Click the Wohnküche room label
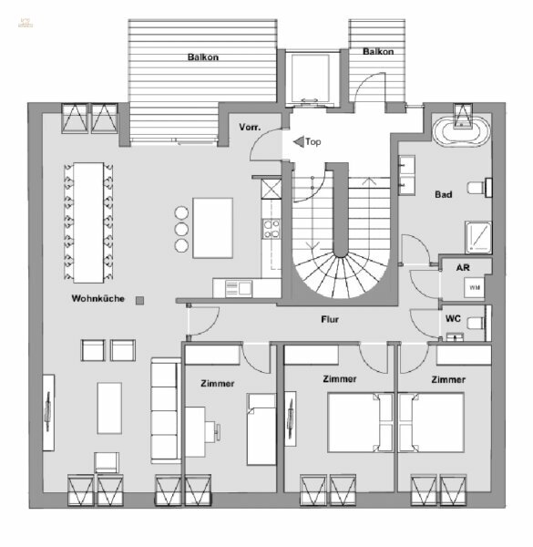pyautogui.click(x=98, y=299)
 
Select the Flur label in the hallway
pyautogui.click(x=331, y=320)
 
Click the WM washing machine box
pyautogui.click(x=474, y=287)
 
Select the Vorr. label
pyautogui.click(x=251, y=127)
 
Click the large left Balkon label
pyautogui.click(x=203, y=57)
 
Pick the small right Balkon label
pyautogui.click(x=378, y=52)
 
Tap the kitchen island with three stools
pyautogui.click(x=211, y=226)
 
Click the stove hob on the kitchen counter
pyautogui.click(x=271, y=228)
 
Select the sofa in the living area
pyautogui.click(x=165, y=410)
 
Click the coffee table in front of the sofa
pyautogui.click(x=109, y=408)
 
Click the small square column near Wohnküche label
pyautogui.click(x=139, y=299)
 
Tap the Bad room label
pyautogui.click(x=444, y=194)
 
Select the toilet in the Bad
pyautogui.click(x=478, y=188)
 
